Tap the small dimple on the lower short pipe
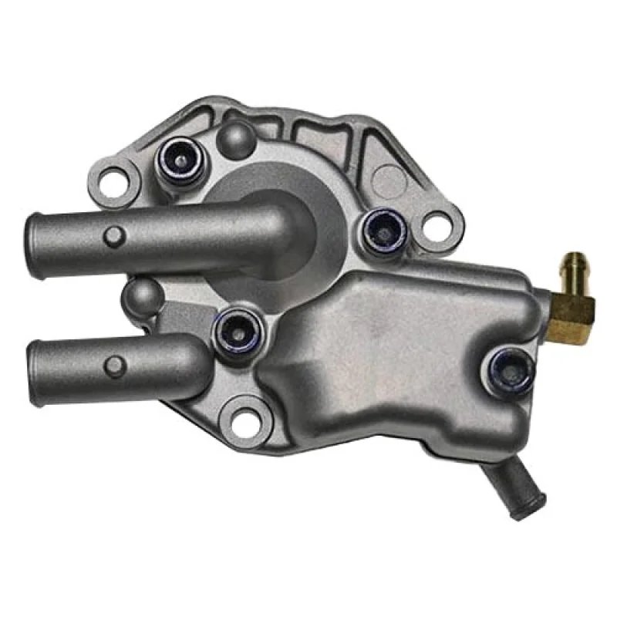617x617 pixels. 114,366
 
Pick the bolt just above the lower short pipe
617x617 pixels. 236,331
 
